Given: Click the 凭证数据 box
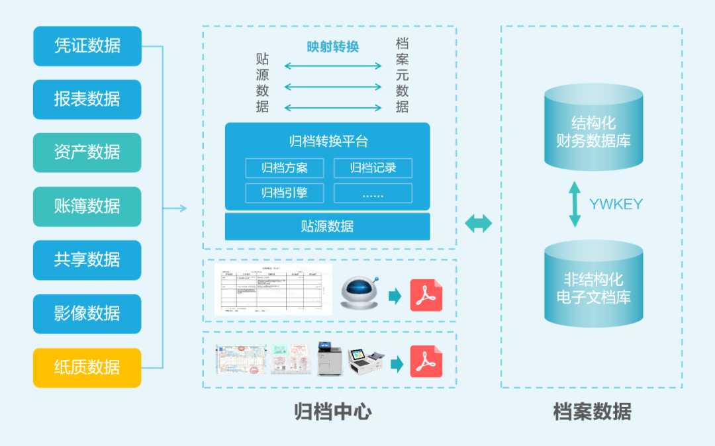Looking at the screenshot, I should [x=87, y=46].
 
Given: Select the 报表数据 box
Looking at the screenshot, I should [x=87, y=99].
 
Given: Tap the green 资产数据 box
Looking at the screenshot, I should [x=87, y=152].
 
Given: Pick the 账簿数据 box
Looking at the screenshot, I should [x=87, y=206].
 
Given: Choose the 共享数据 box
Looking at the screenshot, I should [x=87, y=259].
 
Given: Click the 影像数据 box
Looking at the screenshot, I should [x=87, y=313].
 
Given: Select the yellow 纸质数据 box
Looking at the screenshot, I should [x=87, y=367].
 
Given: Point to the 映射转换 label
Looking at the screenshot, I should [x=332, y=47].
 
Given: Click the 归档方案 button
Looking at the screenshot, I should [x=284, y=168].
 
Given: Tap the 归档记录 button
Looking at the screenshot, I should [x=373, y=168].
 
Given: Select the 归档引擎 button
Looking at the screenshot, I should [x=284, y=193].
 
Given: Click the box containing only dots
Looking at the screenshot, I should [x=373, y=193].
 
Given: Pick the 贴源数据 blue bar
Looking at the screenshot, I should [x=327, y=226].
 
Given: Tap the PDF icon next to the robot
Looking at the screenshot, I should [x=426, y=295].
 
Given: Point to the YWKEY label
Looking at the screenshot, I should [x=616, y=204].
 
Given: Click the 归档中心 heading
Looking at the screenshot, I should [x=332, y=412].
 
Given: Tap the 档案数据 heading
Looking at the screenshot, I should [x=592, y=412].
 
